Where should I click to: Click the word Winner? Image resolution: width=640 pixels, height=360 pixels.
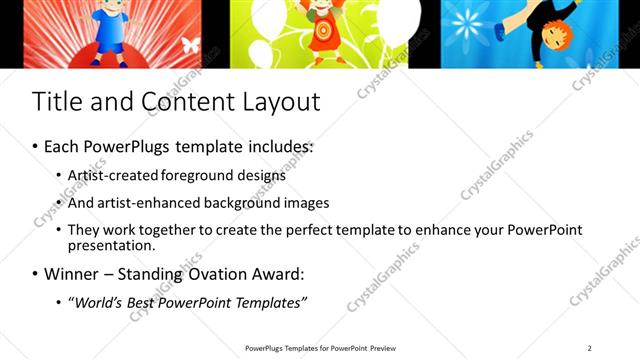click(x=72, y=273)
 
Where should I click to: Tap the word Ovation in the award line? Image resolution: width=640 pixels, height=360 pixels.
click(x=217, y=273)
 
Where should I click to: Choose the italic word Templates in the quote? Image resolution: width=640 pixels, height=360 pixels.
click(x=266, y=302)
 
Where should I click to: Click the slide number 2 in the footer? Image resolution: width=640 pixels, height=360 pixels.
click(x=590, y=348)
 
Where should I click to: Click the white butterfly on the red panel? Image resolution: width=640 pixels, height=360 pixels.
click(x=189, y=46)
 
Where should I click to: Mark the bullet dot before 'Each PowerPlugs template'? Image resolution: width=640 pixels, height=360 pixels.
click(x=36, y=147)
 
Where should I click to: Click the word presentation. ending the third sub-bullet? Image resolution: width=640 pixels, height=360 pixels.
click(x=111, y=245)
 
